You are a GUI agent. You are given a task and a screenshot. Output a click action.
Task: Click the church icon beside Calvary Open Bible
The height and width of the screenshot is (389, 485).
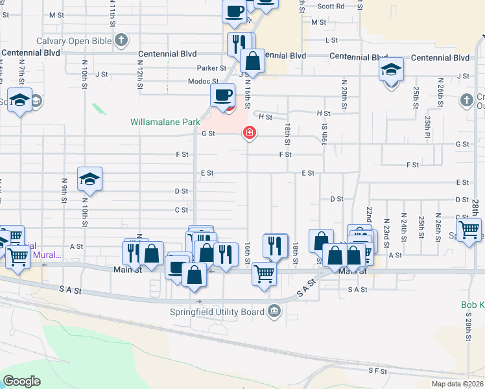pyautogui.click(x=120, y=41)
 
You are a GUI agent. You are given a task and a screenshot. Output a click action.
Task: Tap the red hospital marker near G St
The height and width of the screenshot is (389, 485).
pyautogui.click(x=248, y=133)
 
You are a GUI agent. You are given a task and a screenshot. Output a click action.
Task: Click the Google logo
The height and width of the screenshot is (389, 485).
pyautogui.click(x=21, y=381)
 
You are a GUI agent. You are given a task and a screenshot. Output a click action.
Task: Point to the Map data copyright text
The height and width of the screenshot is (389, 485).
pyautogui.click(x=458, y=384)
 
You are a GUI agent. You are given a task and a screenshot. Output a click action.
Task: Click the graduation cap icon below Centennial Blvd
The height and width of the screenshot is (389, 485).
pyautogui.click(x=391, y=69)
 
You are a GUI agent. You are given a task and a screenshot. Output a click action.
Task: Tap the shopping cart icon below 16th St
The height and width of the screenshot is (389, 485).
pyautogui.click(x=264, y=274)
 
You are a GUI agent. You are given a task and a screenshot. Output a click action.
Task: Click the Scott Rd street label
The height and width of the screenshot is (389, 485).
pyautogui.click(x=331, y=6)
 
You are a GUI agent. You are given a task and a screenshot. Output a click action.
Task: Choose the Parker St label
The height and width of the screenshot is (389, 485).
pyautogui.click(x=211, y=67)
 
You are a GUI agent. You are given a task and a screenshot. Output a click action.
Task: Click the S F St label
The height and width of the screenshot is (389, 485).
pyautogui.click(x=377, y=371)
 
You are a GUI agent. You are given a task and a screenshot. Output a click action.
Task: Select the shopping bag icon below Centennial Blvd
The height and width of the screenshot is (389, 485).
pyautogui.click(x=253, y=62)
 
